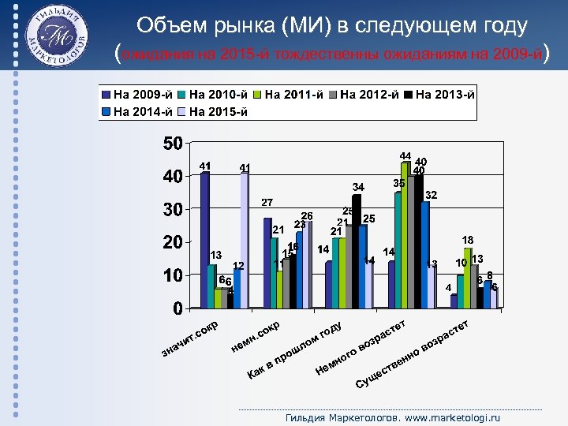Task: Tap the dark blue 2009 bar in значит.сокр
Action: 205,240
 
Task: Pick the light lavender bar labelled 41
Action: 245,240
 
